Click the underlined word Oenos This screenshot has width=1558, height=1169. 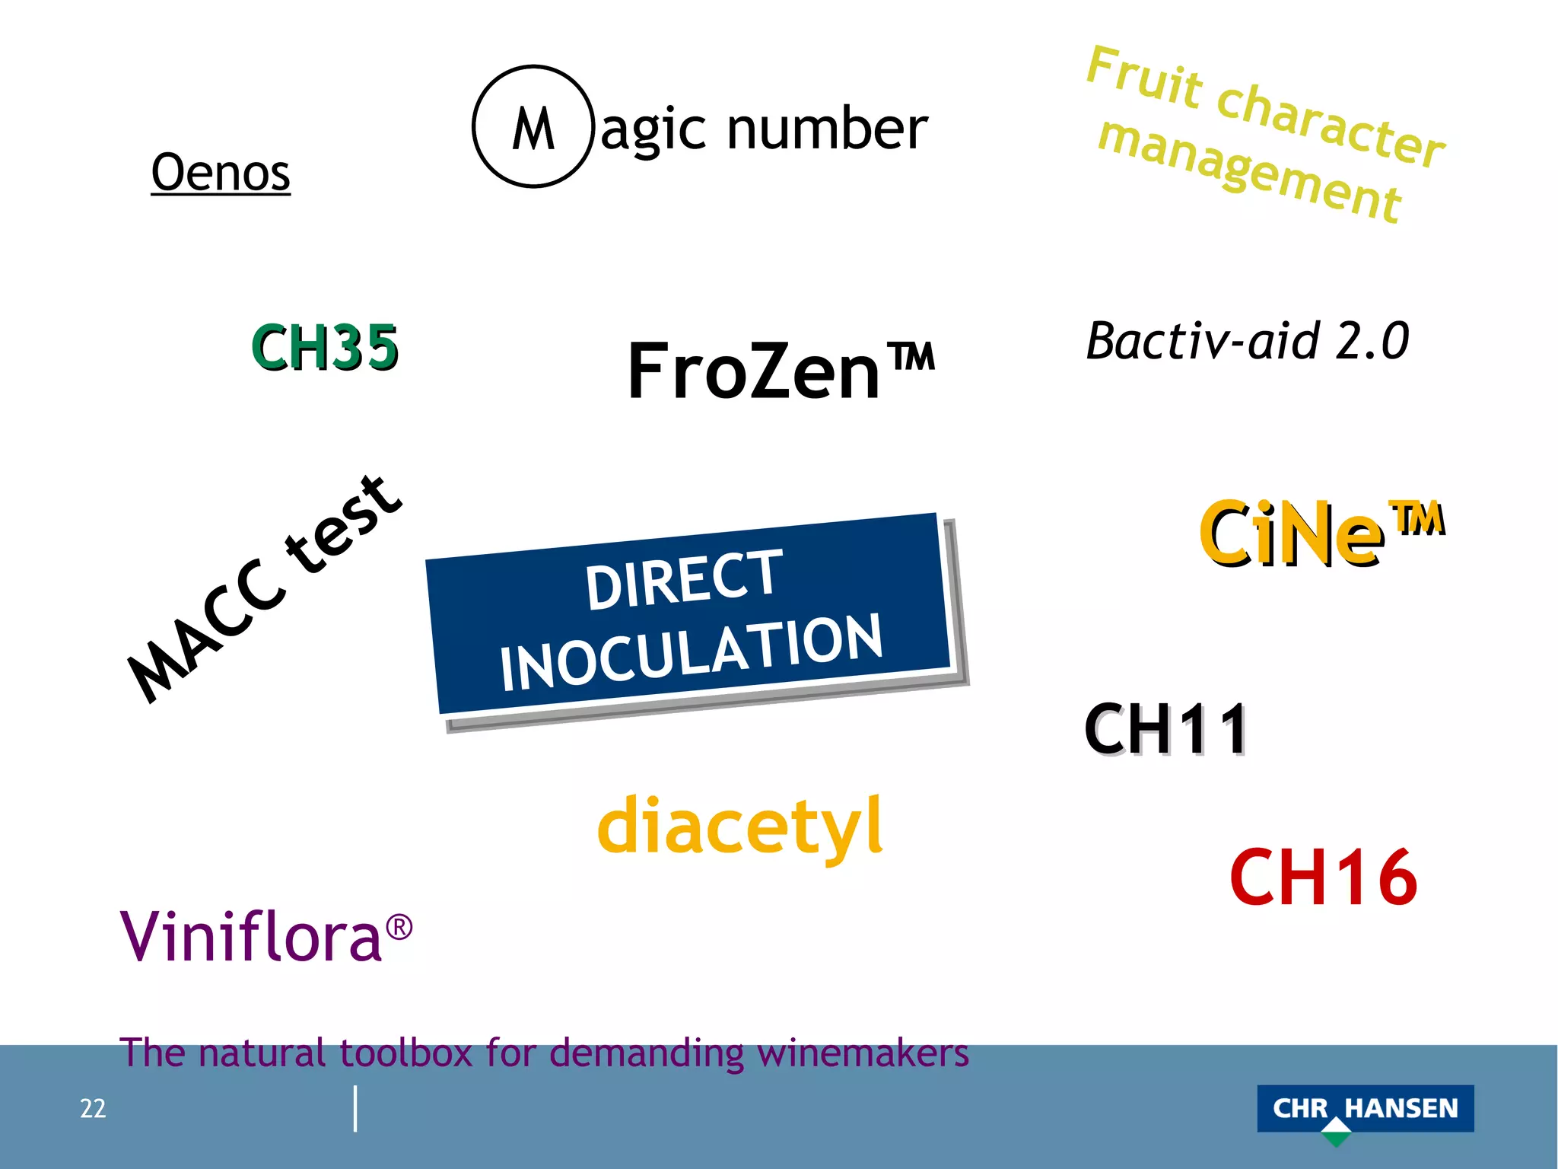point(221,173)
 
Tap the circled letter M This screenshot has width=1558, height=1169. point(533,127)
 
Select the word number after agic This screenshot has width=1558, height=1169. point(827,129)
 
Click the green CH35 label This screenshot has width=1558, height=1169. point(325,347)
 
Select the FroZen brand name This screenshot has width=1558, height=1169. point(753,371)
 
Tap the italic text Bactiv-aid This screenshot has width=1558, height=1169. point(1202,340)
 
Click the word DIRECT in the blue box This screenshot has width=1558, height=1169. point(683,580)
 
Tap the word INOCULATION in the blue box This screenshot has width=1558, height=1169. point(691,652)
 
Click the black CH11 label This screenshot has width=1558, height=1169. point(1166,729)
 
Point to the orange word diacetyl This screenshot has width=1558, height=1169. point(740,827)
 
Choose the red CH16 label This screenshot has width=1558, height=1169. point(1323,878)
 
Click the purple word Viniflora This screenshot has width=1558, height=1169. point(251,936)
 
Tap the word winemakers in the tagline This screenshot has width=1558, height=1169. point(863,1054)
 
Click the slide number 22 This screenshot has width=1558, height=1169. point(93,1108)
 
